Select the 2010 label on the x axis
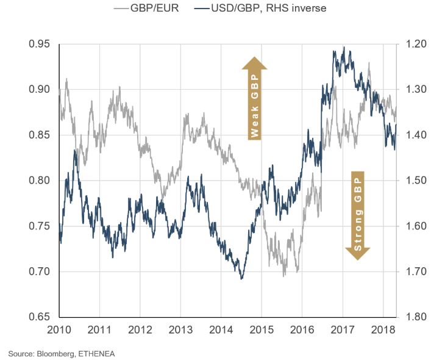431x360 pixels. (x=59, y=330)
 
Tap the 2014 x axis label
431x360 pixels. (x=221, y=330)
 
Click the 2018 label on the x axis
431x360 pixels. (x=382, y=330)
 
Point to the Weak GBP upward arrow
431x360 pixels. (x=255, y=98)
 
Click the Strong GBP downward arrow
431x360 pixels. (x=358, y=215)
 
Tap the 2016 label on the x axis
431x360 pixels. (x=302, y=330)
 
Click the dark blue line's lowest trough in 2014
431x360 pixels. (x=242, y=279)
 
